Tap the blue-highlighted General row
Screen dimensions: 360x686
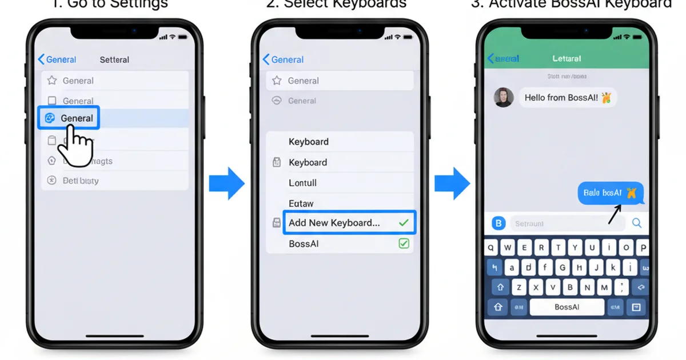(69, 118)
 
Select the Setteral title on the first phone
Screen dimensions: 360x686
(114, 59)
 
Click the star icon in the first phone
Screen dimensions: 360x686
(52, 81)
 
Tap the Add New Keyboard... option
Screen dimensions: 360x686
(334, 223)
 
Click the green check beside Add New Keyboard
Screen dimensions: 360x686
(404, 223)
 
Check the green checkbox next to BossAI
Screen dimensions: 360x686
(404, 244)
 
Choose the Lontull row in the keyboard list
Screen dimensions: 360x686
(303, 183)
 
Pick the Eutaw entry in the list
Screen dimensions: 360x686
(301, 203)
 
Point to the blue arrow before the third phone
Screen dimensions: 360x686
(452, 183)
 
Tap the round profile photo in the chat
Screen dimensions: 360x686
(504, 98)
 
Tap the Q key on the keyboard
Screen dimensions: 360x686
(492, 248)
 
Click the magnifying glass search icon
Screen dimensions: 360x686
(636, 223)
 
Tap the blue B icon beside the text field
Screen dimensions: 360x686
(498, 223)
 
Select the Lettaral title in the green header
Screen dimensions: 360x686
(567, 58)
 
